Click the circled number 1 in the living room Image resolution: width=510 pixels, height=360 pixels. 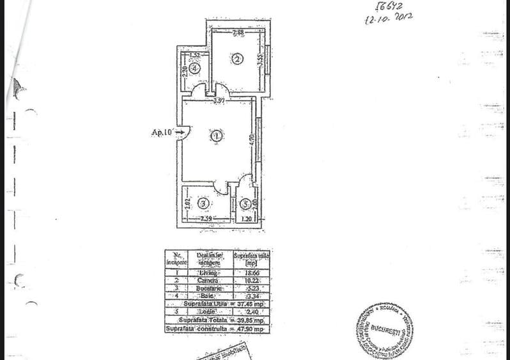[217, 136]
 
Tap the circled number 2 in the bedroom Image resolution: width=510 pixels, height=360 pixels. [237, 59]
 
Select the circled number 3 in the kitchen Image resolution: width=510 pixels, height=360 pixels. [203, 204]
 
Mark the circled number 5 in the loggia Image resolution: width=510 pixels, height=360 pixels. [246, 205]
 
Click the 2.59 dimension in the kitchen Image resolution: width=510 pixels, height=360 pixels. [206, 219]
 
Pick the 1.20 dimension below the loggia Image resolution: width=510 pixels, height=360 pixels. [247, 219]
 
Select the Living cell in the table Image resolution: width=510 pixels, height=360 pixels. [208, 272]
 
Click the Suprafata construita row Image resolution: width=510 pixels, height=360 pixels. [217, 329]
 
